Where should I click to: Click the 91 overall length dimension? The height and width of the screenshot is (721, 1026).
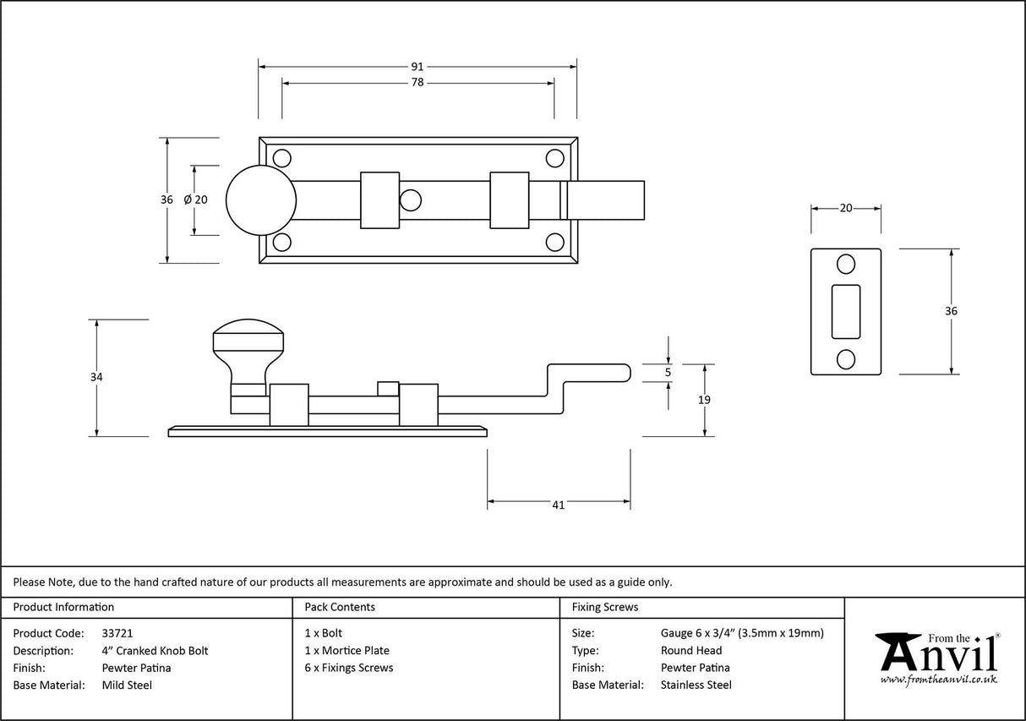point(417,66)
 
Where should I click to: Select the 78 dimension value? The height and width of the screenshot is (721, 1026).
point(417,83)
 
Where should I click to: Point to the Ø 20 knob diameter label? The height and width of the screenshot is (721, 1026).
point(194,199)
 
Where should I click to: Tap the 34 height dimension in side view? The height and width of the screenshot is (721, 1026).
point(97,377)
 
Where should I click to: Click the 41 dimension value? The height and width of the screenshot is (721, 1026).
point(558,505)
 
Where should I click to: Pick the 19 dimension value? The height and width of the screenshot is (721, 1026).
point(705,400)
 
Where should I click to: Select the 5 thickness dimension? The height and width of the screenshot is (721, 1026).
point(668,372)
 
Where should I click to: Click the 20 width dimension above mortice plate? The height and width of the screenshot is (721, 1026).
point(846,208)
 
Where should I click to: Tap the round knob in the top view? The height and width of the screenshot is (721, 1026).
point(261,199)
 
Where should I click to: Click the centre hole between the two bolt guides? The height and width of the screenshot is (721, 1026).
point(411,200)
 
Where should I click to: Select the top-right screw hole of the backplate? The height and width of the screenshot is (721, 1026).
point(554,158)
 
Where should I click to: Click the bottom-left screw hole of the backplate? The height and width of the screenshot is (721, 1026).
point(281,243)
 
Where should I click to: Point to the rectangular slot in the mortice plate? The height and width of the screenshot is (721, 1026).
point(846,311)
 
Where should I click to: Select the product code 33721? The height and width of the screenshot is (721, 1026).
point(117,633)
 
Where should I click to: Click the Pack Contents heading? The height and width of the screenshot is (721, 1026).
point(340,607)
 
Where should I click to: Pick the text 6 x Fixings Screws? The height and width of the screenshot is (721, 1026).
point(349,668)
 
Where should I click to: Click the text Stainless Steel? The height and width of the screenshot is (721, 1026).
point(696,685)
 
